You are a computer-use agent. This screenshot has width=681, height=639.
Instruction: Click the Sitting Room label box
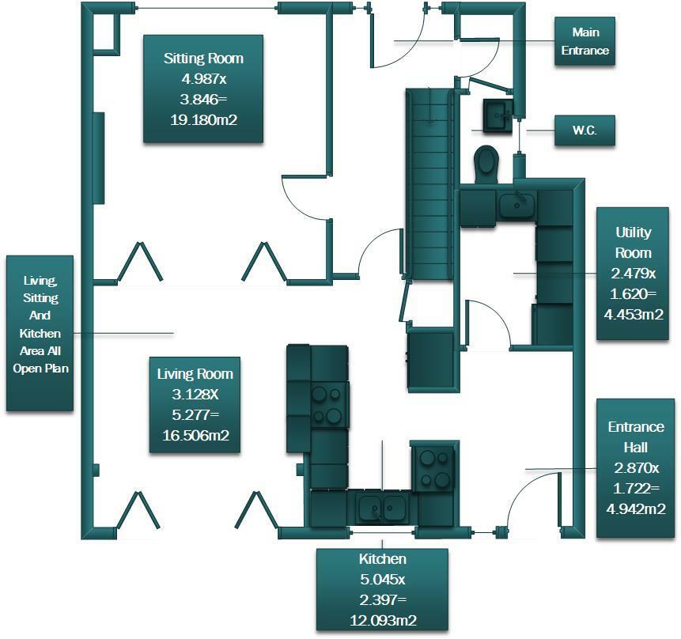click(203, 89)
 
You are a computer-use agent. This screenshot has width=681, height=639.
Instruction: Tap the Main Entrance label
click(585, 41)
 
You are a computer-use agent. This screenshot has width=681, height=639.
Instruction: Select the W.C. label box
click(585, 130)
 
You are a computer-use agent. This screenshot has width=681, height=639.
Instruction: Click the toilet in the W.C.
click(486, 164)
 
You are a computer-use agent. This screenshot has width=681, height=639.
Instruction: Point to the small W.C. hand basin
click(498, 115)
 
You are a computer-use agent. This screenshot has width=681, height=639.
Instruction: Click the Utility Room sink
click(516, 205)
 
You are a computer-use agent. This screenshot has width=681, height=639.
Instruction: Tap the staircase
click(430, 183)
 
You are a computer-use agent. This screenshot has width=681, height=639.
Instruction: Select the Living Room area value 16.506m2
click(195, 435)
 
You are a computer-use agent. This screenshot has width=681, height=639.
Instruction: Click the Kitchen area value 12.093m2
click(383, 620)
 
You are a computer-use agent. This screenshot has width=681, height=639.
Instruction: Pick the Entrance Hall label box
click(635, 468)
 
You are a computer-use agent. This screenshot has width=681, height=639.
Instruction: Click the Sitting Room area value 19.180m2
click(204, 119)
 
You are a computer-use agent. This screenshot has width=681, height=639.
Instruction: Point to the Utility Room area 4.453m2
click(634, 314)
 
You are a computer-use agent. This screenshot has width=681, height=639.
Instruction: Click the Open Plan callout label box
click(40, 333)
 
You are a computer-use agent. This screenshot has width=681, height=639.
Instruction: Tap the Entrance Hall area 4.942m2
click(635, 509)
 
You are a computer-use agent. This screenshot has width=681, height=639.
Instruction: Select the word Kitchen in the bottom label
click(383, 558)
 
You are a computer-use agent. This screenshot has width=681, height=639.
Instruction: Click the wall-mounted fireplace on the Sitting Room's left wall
click(99, 158)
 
